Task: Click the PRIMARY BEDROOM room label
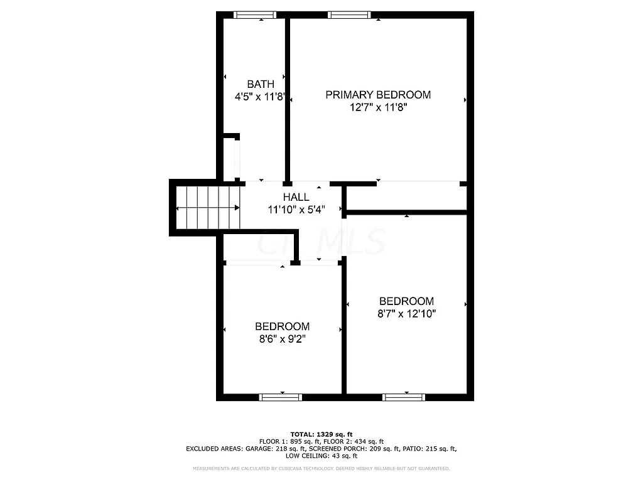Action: tap(377, 95)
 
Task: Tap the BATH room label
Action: tap(260, 84)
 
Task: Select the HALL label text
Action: tap(296, 197)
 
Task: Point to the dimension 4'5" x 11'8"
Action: tap(260, 97)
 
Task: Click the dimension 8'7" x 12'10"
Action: tap(406, 313)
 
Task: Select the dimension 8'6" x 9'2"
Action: tap(282, 339)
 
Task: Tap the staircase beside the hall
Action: tap(208, 208)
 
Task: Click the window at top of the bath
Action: tap(255, 15)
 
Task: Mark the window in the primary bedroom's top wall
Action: tap(349, 15)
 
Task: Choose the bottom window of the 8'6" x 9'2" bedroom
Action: tap(281, 397)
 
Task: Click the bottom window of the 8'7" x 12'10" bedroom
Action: tap(404, 397)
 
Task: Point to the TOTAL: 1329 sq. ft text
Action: tap(321, 434)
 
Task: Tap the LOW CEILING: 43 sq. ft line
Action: tap(321, 456)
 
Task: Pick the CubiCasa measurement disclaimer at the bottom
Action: tap(321, 469)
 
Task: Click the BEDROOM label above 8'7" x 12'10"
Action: tap(406, 301)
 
